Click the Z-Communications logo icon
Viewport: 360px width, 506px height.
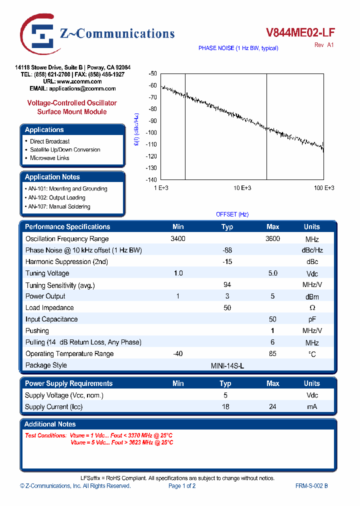pos(39,34)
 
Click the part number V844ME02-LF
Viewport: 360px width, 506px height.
pos(300,33)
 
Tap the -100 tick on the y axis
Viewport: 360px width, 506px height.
pos(151,132)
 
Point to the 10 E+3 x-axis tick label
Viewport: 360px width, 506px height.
pos(242,188)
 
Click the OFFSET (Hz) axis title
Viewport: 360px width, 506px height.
pos(232,214)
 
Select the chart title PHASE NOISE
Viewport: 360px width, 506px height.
pos(238,48)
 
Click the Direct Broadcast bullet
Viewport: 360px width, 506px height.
pos(49,141)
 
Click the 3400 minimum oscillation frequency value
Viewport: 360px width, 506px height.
pos(177,239)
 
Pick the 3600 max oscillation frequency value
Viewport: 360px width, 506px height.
pos(272,239)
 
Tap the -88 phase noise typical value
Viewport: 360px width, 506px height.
pos(227,250)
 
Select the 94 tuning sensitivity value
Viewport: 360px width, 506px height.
pos(227,284)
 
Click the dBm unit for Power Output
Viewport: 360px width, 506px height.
pos(311,296)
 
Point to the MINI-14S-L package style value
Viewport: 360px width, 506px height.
pos(227,365)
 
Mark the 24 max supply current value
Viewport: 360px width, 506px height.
pos(272,407)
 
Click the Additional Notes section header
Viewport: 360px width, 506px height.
pos(50,424)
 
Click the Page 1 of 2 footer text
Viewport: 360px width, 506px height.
pos(182,486)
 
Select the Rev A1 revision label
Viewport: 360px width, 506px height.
pos(324,45)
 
